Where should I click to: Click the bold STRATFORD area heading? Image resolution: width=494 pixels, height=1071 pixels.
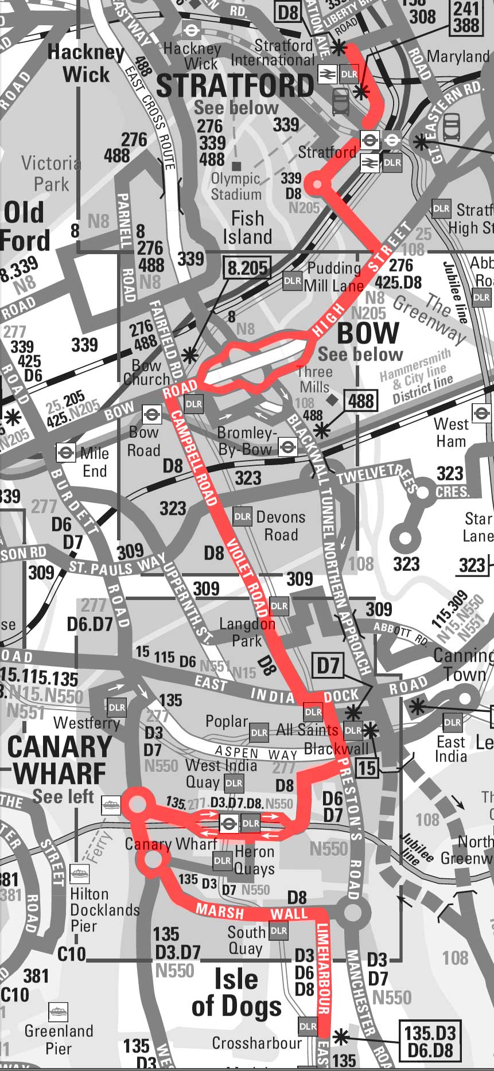point(235,86)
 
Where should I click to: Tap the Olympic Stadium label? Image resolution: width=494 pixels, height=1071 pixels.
point(235,186)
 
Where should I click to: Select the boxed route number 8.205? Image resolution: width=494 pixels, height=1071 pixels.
point(248,267)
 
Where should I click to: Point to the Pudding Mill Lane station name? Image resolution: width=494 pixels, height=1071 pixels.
point(334,276)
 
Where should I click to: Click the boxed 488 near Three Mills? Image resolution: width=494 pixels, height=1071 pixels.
point(360,400)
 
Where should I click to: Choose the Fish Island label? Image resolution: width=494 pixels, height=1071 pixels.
point(247,227)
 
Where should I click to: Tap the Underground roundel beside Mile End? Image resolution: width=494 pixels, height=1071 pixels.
point(65,453)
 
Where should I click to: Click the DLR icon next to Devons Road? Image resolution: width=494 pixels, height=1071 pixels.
point(242,516)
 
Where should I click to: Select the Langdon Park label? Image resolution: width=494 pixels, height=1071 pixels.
point(247,632)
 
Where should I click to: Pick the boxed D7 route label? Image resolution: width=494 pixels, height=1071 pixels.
point(328,665)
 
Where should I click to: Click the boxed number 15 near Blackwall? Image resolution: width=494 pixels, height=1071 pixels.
point(367,768)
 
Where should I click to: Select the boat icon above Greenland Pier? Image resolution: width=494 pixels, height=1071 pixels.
point(58,1011)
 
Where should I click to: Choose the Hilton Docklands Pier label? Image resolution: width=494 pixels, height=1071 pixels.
point(97,910)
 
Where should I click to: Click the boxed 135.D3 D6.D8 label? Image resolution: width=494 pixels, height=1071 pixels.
point(429,1041)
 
